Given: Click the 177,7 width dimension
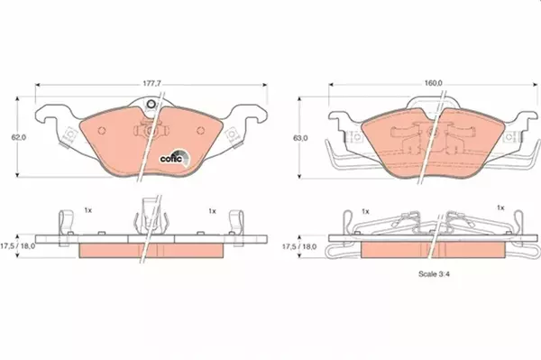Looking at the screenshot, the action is (152, 84).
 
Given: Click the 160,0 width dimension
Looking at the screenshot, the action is (434, 83).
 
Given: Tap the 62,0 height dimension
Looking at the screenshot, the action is (19, 137).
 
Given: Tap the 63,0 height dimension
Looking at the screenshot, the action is (300, 138).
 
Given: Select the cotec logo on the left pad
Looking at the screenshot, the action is (175, 158).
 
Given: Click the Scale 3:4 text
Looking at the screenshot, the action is (434, 274).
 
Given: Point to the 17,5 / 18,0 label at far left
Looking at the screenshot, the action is (17, 246).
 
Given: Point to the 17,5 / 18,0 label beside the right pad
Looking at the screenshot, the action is (299, 247).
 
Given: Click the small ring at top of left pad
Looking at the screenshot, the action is (151, 104).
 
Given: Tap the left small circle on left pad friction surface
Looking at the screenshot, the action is (101, 131).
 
